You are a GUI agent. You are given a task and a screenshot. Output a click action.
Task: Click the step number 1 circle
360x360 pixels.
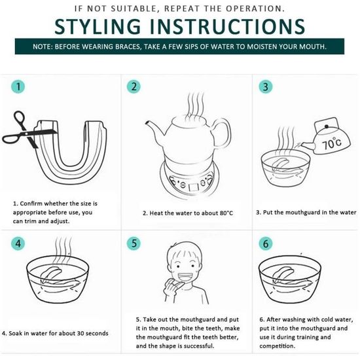(x=18, y=86)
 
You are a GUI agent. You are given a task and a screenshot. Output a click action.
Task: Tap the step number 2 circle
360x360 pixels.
(x=134, y=86)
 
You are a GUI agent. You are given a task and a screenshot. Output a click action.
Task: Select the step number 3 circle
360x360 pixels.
(x=266, y=87)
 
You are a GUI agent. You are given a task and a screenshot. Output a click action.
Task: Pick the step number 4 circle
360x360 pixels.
(x=18, y=243)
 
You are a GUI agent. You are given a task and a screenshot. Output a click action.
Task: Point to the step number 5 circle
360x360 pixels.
(x=134, y=243)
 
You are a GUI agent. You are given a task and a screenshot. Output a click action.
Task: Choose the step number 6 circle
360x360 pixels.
(x=266, y=243)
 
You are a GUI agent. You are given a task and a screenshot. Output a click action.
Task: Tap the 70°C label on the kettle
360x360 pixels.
(x=332, y=143)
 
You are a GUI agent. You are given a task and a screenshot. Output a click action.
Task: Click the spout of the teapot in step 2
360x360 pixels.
(x=154, y=128)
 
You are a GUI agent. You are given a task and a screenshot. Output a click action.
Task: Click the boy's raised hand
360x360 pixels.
(x=172, y=287)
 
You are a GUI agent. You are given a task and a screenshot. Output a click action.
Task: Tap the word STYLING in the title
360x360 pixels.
(x=98, y=26)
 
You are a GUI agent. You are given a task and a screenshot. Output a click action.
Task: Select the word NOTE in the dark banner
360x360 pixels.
(x=40, y=46)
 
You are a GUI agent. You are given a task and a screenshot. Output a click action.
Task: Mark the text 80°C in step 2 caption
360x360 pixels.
(x=226, y=213)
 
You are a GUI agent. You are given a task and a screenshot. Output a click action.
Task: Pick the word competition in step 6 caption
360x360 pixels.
(x=277, y=346)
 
